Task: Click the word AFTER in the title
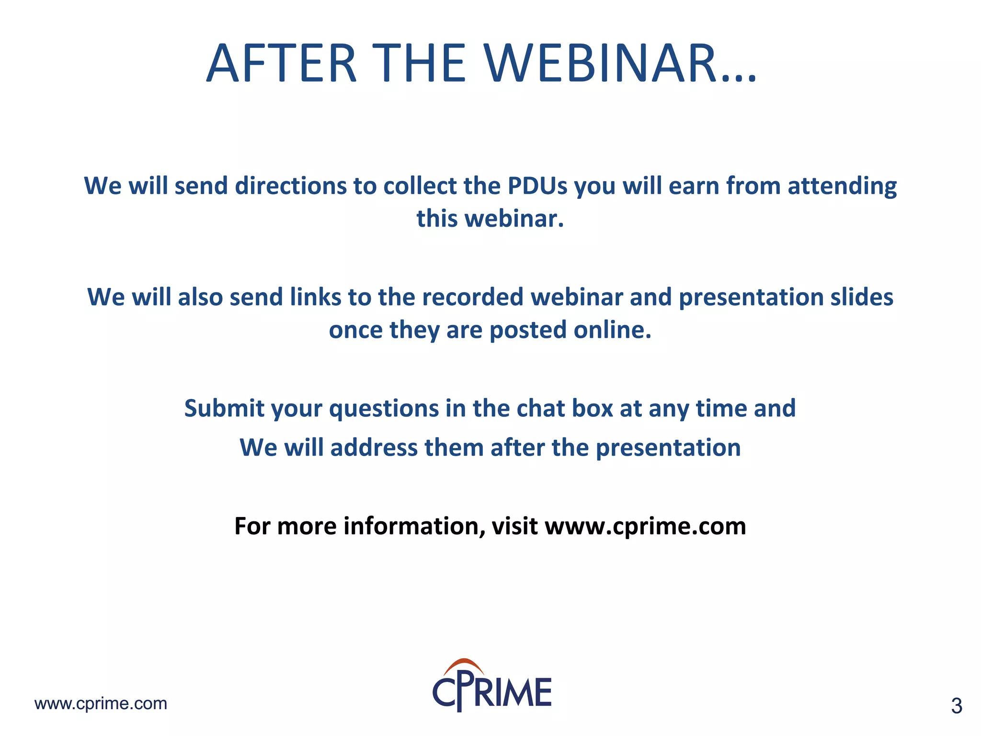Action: click(x=281, y=64)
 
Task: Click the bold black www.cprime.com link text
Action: click(x=645, y=526)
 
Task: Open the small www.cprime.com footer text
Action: click(x=101, y=703)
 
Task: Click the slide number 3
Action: click(x=956, y=706)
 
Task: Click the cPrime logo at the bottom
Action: click(x=492, y=690)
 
